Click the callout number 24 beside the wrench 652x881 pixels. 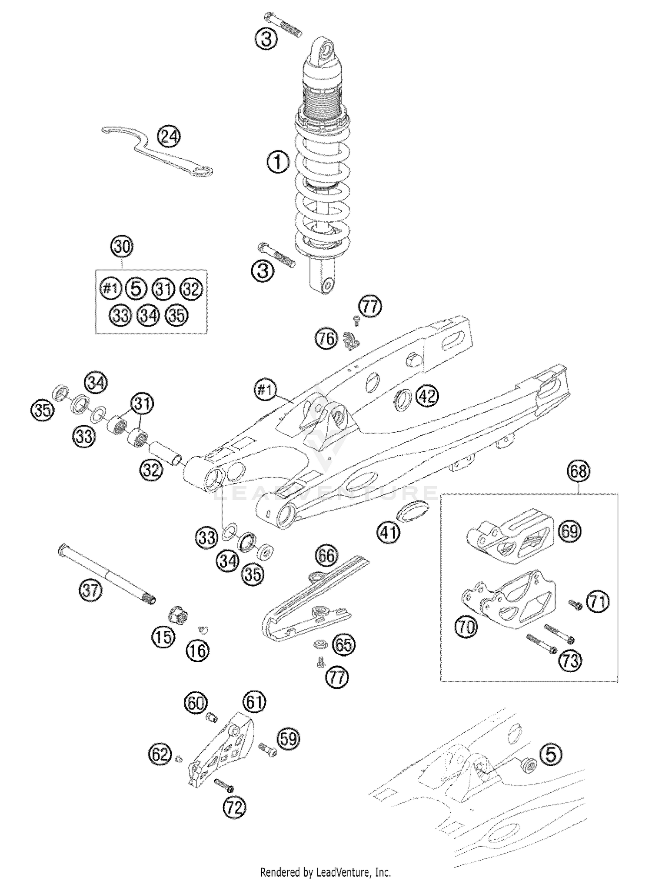tap(169, 137)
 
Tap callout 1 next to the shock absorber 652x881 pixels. tap(278, 163)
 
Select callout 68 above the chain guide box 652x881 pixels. tap(579, 471)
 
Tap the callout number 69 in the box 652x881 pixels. tap(569, 531)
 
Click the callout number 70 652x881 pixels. tap(466, 627)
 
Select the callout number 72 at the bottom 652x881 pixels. tap(234, 808)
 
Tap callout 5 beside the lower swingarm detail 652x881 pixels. tap(550, 754)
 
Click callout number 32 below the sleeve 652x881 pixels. tap(151, 470)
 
